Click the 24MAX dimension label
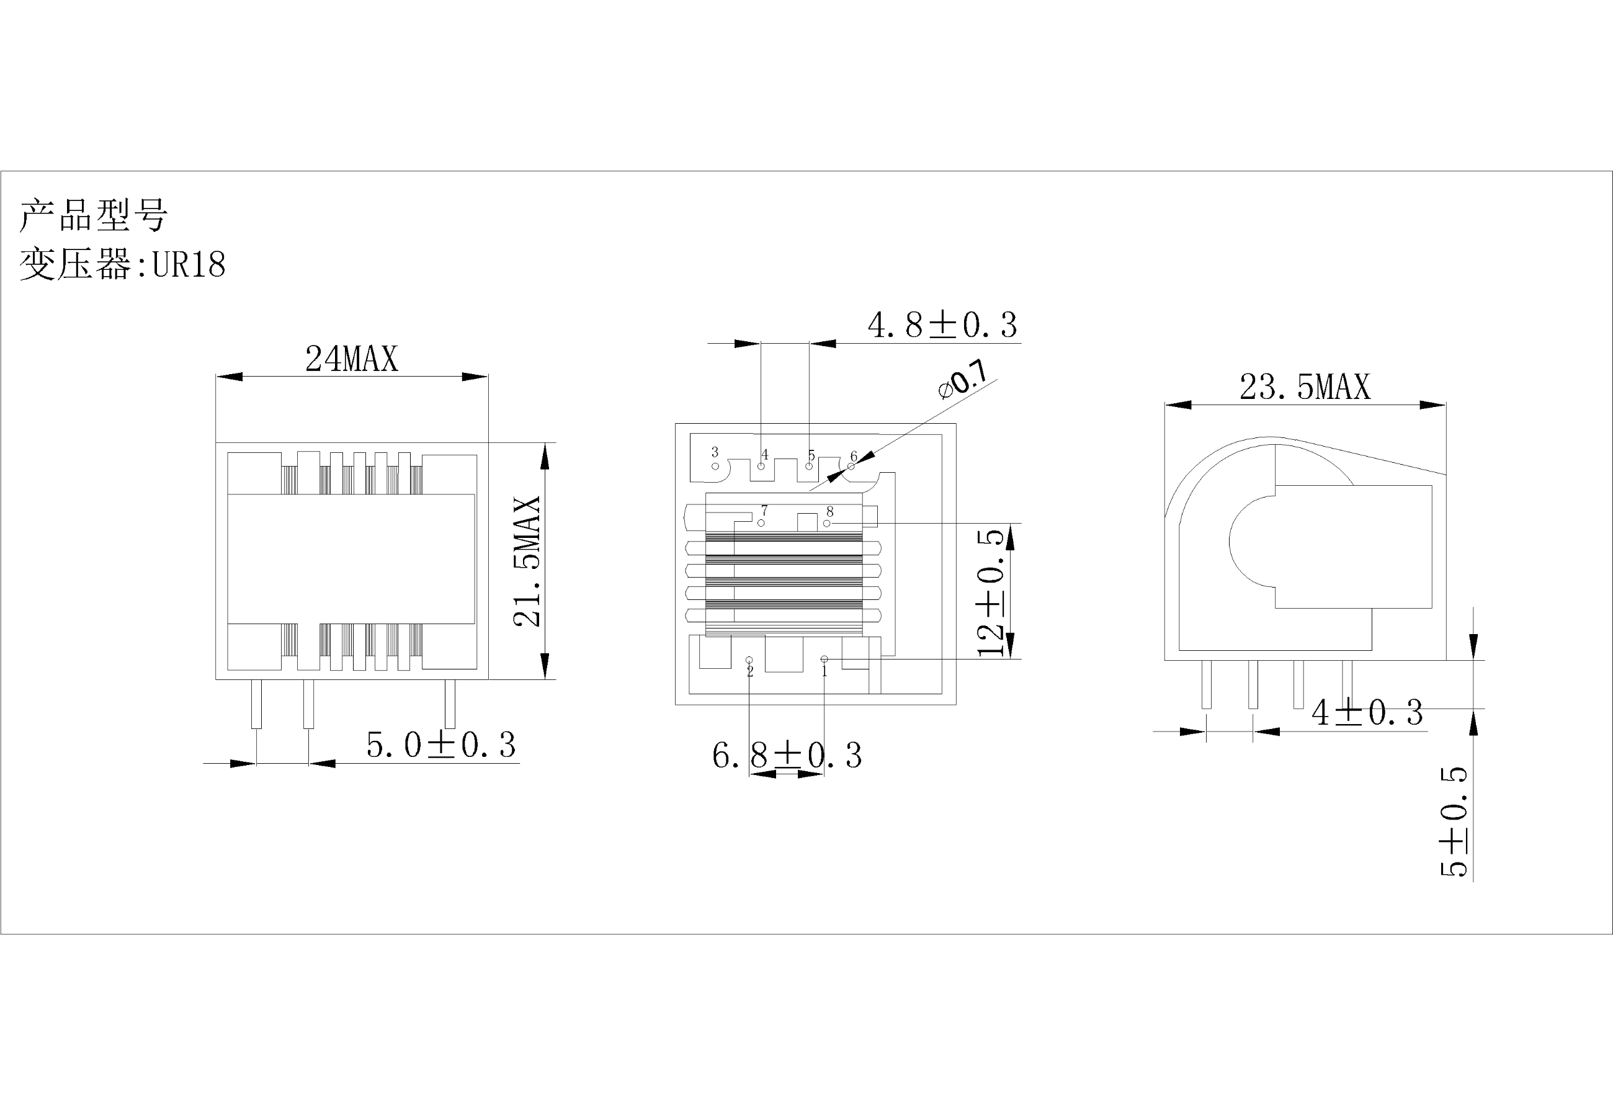352,359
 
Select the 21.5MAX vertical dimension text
527,561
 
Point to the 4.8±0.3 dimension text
942,325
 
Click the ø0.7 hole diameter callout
963,380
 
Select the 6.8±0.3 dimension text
787,755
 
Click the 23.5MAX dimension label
1305,387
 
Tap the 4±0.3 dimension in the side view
1367,712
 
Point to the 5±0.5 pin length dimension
1454,822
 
